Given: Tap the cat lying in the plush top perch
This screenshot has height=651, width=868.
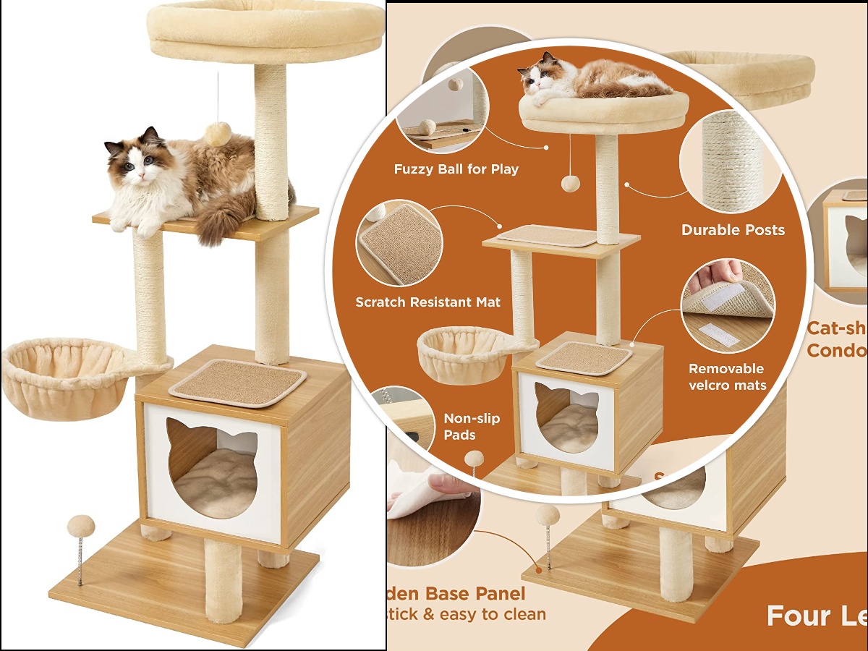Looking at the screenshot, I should coord(593,78).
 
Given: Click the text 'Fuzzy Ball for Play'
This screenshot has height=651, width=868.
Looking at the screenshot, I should coord(456,169).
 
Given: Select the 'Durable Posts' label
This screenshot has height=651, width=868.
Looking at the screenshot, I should coord(732,230).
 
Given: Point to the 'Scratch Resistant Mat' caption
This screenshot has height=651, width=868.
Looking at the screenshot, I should coord(427,302).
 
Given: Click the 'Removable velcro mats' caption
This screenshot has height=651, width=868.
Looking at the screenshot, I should coord(726,376).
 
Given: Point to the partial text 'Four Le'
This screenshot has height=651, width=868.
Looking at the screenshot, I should coord(816,616).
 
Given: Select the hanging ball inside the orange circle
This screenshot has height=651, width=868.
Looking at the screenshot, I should coord(571,182).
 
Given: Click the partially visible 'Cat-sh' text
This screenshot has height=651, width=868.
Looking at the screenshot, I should coord(836,328).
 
